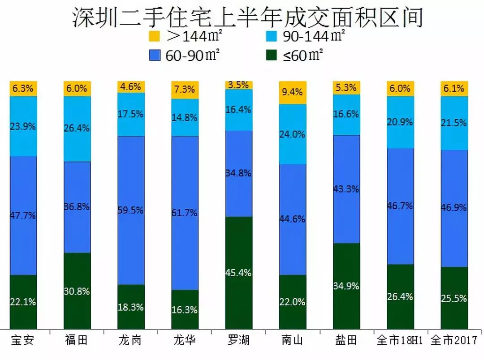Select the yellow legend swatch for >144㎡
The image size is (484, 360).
click(154, 36)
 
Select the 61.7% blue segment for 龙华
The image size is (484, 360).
click(185, 213)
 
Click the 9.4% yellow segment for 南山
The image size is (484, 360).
click(292, 93)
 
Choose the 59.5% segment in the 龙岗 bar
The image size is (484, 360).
click(131, 210)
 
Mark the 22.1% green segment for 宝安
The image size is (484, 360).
click(23, 302)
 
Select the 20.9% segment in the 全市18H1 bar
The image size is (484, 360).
click(400, 122)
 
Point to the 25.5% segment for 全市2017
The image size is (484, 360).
click(454, 298)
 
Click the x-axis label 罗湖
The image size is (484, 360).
click(239, 341)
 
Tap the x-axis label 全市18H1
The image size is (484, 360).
click(400, 341)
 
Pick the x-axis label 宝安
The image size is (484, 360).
click(23, 341)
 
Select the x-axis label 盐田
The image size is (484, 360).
click(346, 341)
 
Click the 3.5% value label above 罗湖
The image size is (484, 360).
click(239, 85)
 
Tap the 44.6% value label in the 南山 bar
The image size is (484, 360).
click(292, 219)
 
